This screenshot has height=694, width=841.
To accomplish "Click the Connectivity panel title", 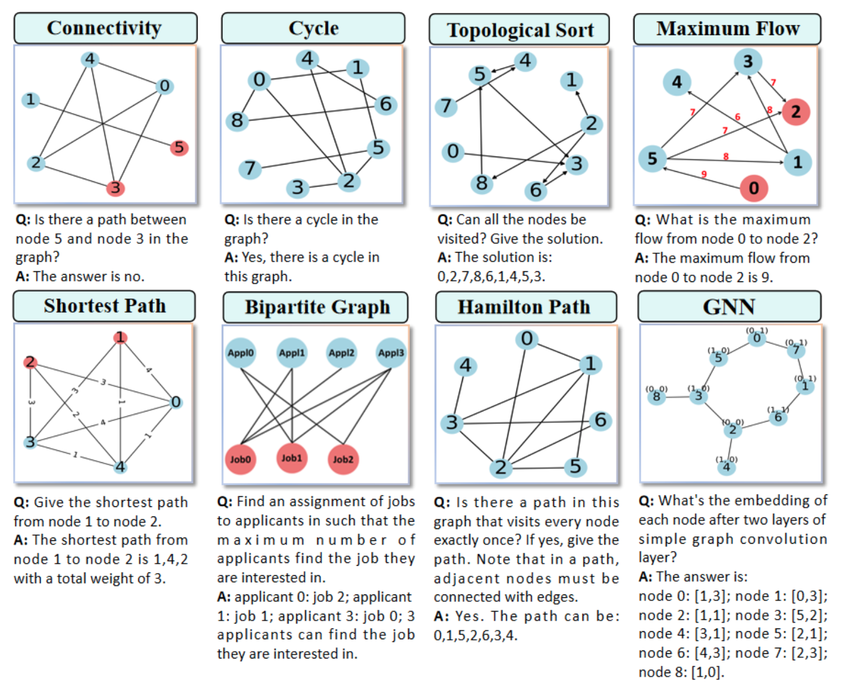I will [x=105, y=28].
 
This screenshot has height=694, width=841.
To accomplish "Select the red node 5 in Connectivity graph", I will [x=179, y=148].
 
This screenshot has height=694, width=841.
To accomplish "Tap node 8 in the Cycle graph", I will [x=237, y=120].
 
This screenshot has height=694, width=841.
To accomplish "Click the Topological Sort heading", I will [x=519, y=30].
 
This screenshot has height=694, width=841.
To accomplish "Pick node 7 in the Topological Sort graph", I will [x=446, y=106].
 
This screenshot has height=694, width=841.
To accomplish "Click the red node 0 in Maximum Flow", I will [x=754, y=188].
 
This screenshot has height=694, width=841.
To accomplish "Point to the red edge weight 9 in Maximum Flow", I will [x=704, y=174].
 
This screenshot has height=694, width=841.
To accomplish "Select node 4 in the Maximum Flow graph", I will [x=677, y=83].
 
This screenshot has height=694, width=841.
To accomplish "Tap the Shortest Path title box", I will [x=104, y=306].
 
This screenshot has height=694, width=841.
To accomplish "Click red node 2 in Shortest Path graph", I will [x=30, y=362].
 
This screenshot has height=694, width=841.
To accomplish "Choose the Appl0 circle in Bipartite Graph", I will [x=240, y=353].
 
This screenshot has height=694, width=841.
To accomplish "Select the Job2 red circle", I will [x=343, y=459].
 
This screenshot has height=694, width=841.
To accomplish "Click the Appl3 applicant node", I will [x=391, y=353].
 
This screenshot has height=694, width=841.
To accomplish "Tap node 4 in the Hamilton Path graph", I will [x=465, y=366].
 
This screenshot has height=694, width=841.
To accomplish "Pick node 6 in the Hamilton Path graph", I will [x=600, y=420].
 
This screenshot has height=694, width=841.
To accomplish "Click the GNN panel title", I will [x=729, y=307].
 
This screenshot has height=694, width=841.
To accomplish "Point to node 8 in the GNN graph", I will [x=656, y=396].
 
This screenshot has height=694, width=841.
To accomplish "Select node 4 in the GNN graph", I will [x=726, y=467].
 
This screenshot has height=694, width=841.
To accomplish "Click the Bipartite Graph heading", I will [x=317, y=307].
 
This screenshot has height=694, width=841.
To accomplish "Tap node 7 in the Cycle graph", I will [x=250, y=168].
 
